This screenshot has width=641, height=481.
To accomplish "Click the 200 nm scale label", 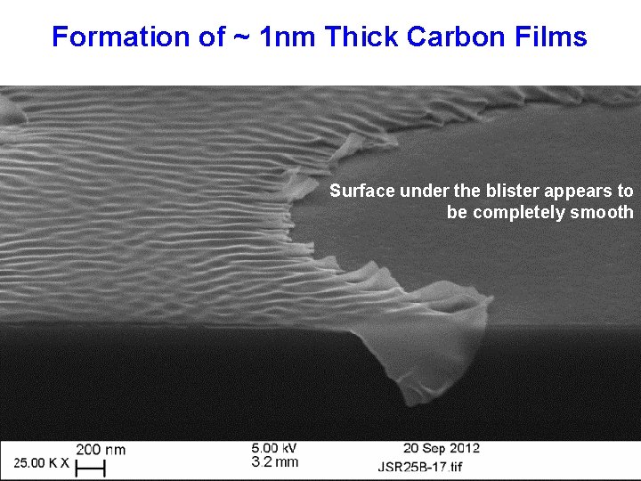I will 101,450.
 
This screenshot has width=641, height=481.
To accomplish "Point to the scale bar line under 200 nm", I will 91,467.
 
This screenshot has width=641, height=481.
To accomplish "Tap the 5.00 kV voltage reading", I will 274,448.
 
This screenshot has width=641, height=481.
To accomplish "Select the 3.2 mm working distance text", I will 275,461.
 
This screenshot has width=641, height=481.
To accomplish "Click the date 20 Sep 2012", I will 441,448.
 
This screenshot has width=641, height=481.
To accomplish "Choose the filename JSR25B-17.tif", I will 444,466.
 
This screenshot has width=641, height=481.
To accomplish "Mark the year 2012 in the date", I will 464,448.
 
